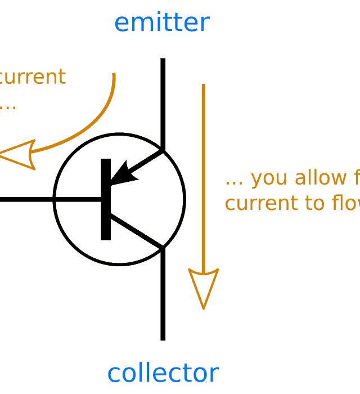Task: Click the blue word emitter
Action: click(162, 23)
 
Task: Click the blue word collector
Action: click(163, 373)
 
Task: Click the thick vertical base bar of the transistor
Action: click(106, 199)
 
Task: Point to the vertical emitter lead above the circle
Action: click(163, 101)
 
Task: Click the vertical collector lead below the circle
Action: click(163, 298)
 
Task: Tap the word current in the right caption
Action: click(259, 203)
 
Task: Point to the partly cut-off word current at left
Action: click(31, 77)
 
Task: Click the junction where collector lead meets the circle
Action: click(163, 248)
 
